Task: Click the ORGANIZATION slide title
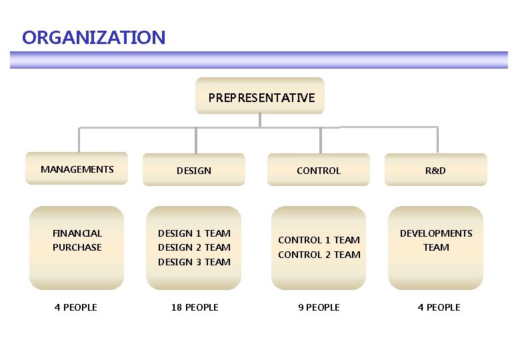point(93,37)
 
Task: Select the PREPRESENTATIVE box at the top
point(261,97)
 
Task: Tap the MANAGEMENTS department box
point(77,169)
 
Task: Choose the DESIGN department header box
point(194,171)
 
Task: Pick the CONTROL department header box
point(319,171)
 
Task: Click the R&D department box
point(436,171)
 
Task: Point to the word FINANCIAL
point(77,233)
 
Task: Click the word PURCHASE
point(77,247)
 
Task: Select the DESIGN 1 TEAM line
point(194,233)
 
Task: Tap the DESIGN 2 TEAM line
point(194,247)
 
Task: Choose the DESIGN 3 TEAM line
point(194,262)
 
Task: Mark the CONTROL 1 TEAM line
point(319,240)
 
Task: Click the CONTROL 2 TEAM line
point(319,255)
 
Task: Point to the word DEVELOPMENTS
point(436,233)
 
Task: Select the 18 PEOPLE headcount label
point(194,307)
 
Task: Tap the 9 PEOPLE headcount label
point(319,307)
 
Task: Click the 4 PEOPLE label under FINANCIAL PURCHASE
point(76,307)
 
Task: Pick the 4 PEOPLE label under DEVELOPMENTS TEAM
point(439,307)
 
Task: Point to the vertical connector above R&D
point(438,140)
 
